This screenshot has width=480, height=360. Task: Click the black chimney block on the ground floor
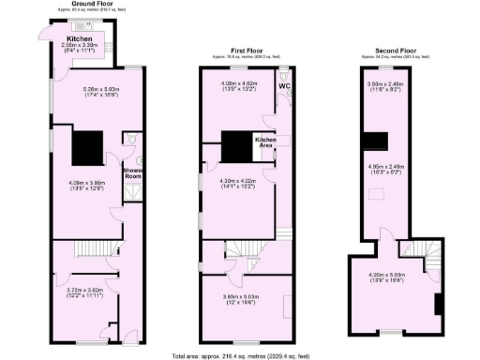coord(88,145)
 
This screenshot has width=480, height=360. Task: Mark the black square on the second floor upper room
coord(377,142)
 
